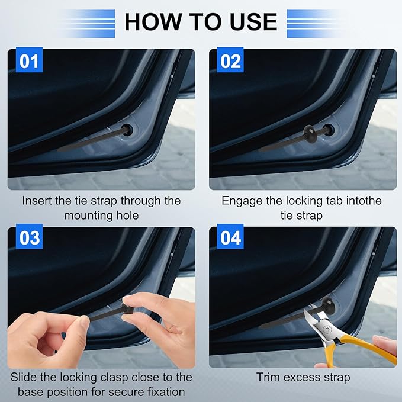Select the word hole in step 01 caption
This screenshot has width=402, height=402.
[x=126, y=216]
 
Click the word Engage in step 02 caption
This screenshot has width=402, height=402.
[x=241, y=201]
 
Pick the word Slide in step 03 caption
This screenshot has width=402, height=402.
[x=25, y=377]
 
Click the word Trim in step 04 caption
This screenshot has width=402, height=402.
[x=268, y=377]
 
